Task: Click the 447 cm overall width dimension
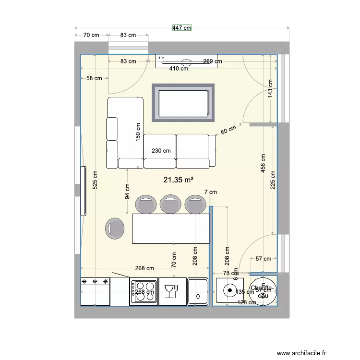182,28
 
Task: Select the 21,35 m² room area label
179,180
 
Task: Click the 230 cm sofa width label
161,151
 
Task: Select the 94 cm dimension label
127,192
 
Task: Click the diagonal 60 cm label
229,130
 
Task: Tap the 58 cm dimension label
94,78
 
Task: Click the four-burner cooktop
144,291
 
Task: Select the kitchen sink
197,291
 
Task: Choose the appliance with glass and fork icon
172,291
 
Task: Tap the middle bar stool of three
170,204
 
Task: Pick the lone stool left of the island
115,229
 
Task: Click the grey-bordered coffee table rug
183,103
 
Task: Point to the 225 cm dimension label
273,180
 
